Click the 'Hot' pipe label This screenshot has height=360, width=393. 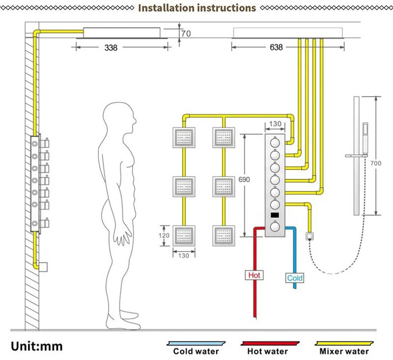[254, 275]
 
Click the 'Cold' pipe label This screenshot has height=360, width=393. [295, 278]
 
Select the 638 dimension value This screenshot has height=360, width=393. [277, 48]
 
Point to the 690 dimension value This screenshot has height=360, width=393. [244, 180]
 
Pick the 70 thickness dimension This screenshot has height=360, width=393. [186, 34]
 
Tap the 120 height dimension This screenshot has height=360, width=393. [164, 236]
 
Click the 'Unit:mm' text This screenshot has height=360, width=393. [37, 346]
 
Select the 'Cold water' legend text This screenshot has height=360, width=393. [196, 351]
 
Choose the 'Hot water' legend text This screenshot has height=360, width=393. [268, 351]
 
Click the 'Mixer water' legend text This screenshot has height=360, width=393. [344, 351]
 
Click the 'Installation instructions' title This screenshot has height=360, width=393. [196, 8]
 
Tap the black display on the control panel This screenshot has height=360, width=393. [275, 215]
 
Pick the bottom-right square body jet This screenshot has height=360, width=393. [225, 236]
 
